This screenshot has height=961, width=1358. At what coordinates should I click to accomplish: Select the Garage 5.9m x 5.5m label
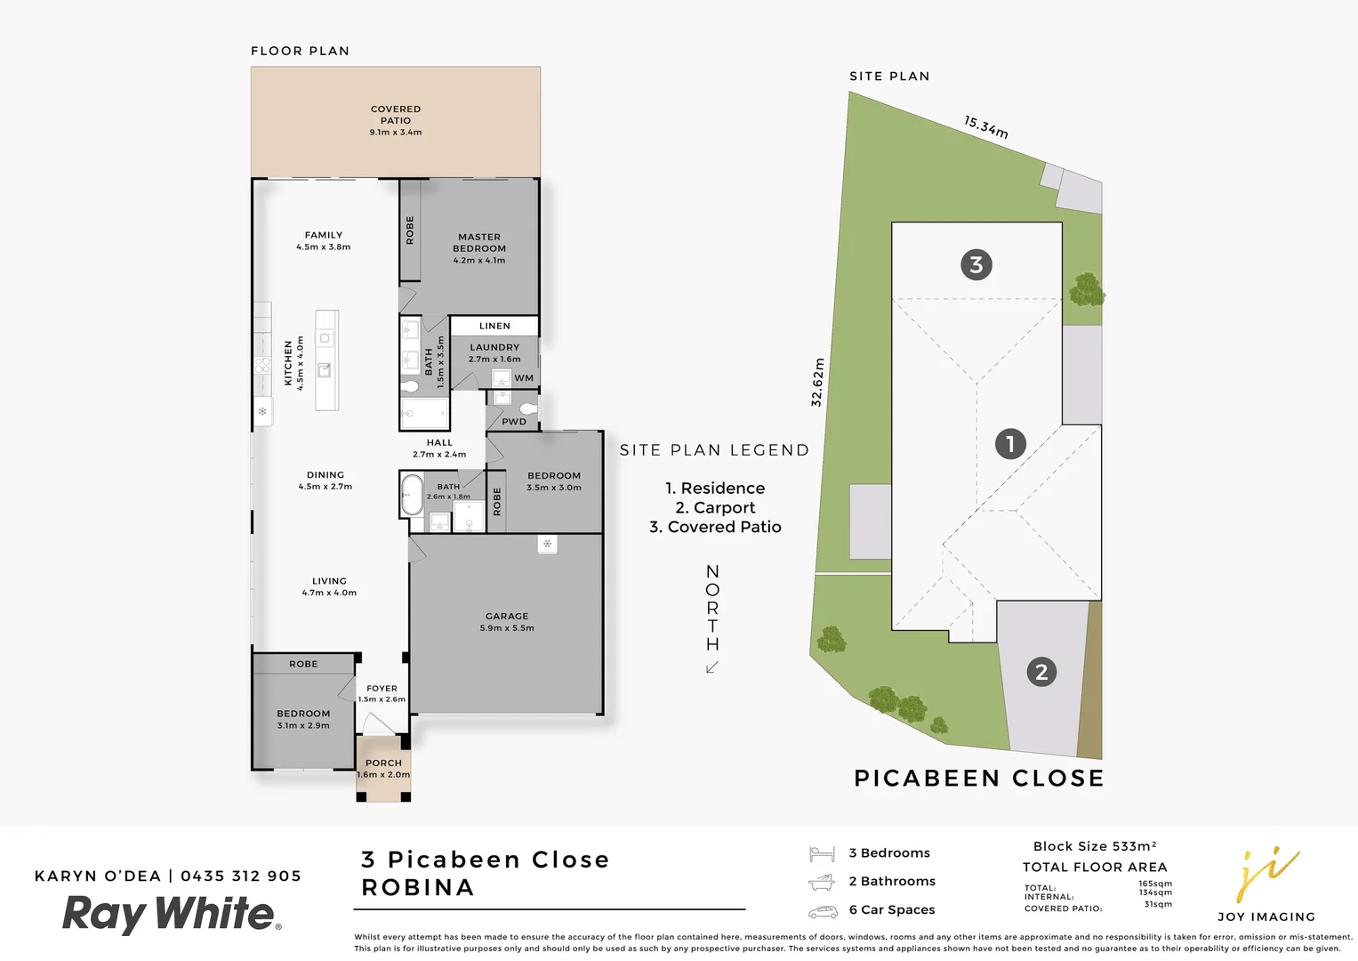click(507, 621)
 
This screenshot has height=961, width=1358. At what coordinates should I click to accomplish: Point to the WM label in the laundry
click(524, 378)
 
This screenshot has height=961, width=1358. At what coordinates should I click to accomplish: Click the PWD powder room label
click(514, 422)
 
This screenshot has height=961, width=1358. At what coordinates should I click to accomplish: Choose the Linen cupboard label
click(494, 326)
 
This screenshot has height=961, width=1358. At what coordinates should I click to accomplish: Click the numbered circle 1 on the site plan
click(1010, 443)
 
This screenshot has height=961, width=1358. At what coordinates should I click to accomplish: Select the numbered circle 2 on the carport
click(1041, 671)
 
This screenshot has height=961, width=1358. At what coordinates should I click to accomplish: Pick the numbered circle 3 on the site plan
click(976, 264)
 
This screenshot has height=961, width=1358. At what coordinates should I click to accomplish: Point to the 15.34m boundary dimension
click(986, 127)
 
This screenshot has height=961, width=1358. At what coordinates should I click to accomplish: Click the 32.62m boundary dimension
click(818, 383)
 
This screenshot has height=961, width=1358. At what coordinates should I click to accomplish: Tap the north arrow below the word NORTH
click(712, 667)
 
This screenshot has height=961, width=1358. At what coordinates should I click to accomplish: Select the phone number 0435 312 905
click(241, 876)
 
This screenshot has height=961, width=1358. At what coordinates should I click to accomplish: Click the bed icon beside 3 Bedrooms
click(822, 854)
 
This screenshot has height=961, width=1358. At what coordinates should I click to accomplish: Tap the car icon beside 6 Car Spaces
click(823, 912)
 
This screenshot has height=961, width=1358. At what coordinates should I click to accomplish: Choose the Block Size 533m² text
click(1095, 846)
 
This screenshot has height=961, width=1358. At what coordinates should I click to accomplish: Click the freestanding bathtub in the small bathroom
click(412, 495)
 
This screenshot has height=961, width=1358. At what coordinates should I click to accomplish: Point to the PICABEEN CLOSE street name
click(978, 779)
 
